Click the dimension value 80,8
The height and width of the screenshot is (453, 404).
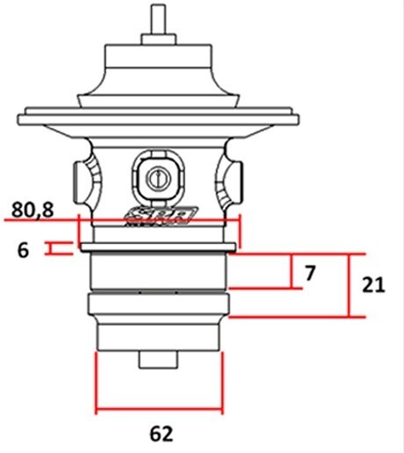point(32,210)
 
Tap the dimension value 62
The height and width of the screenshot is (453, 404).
point(161,432)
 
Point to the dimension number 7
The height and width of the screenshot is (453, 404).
point(308,273)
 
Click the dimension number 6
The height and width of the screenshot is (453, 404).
point(24,249)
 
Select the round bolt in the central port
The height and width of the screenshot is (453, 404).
point(159,176)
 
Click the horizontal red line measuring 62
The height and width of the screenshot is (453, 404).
point(159,408)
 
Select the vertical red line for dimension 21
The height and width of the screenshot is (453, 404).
point(350,285)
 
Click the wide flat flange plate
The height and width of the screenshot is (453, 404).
point(159,115)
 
